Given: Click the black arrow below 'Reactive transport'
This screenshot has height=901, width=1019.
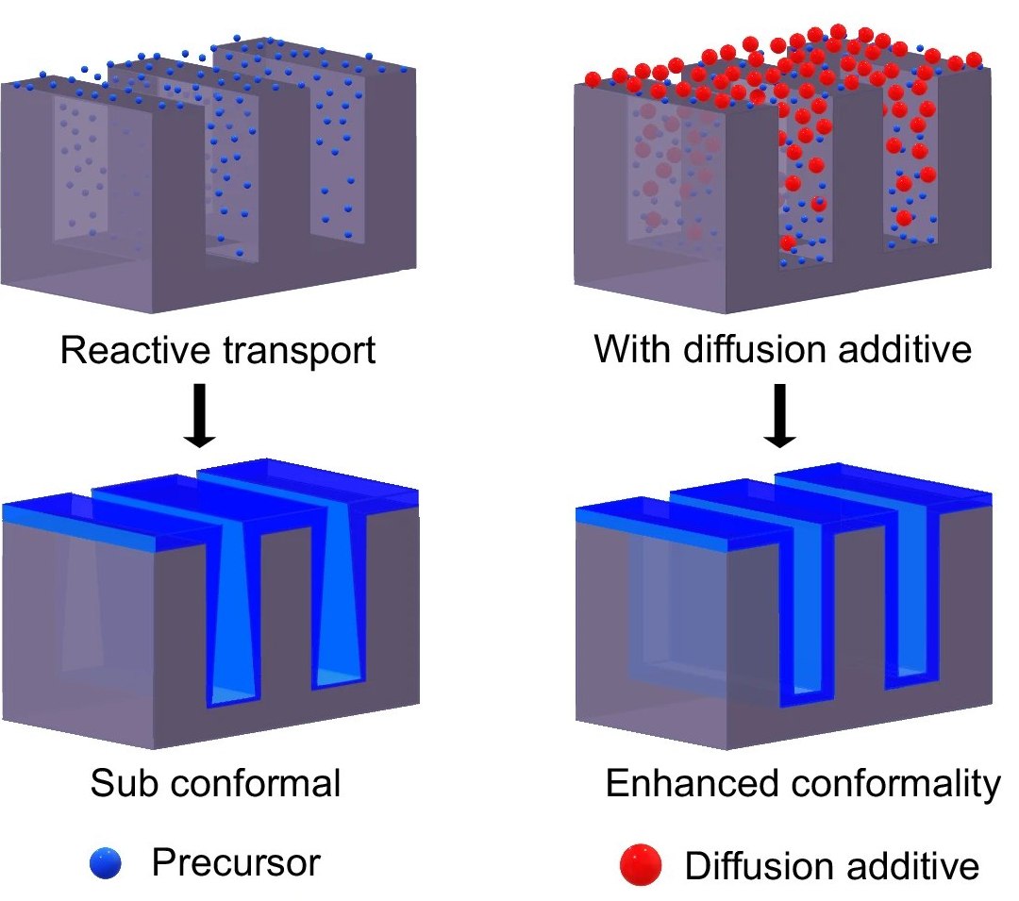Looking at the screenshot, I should tap(199, 414).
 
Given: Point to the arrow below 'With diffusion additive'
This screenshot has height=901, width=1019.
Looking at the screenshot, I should tap(779, 414).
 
